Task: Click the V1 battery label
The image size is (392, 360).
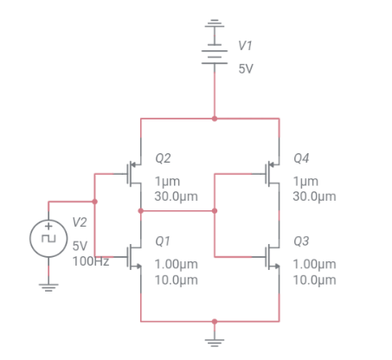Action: click(x=246, y=45)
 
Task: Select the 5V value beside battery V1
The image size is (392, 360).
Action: click(x=246, y=68)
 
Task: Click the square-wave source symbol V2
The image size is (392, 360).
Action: click(x=48, y=236)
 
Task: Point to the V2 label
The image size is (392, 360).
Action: click(x=80, y=223)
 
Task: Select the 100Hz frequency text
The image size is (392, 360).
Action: click(x=90, y=260)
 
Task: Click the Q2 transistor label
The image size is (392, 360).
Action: click(x=163, y=159)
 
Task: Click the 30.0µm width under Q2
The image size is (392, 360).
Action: click(x=176, y=197)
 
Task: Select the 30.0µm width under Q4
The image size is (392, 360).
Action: click(x=315, y=197)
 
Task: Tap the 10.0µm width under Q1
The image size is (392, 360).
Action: click(x=176, y=280)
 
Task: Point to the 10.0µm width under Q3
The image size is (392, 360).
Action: click(x=315, y=280)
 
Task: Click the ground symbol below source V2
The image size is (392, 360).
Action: click(x=48, y=287)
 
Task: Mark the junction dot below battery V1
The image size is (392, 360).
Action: click(x=214, y=119)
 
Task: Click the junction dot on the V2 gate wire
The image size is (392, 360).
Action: click(x=94, y=202)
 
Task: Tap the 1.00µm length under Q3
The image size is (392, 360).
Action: click(x=315, y=264)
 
